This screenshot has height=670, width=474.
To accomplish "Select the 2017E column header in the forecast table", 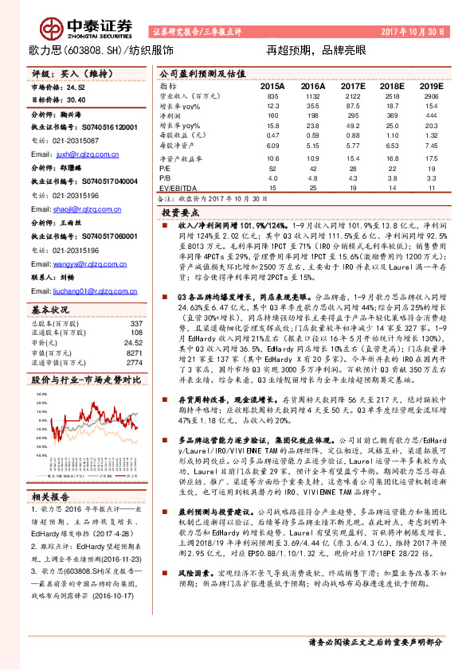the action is pyautogui.click(x=353, y=84).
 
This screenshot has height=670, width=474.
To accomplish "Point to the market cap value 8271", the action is pyautogui.click(x=135, y=351).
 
